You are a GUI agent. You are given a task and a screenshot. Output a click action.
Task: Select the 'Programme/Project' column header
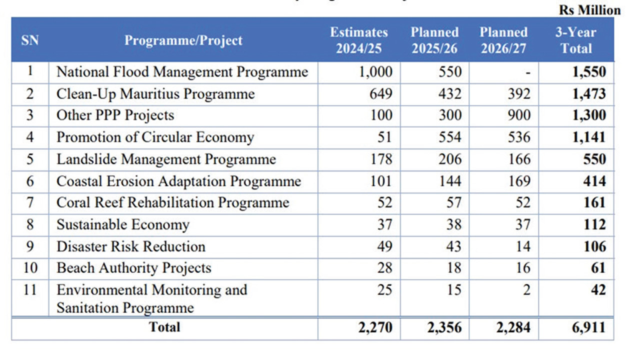tap(183, 40)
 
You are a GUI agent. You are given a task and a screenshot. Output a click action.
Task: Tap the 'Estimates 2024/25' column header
tap(359, 40)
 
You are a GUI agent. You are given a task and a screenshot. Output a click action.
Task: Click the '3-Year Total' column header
tap(576, 40)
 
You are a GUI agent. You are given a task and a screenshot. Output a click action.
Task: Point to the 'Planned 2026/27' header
tap(503, 40)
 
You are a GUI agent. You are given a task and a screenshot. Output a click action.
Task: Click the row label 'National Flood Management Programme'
tap(182, 72)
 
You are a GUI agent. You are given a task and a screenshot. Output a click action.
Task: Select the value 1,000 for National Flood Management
tap(375, 72)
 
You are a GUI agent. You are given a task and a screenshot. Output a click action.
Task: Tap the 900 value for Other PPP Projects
tap(519, 115)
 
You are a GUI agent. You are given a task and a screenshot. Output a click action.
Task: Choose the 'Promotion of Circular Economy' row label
tap(155, 137)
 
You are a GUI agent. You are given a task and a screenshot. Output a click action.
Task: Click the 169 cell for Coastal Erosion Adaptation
tap(519, 181)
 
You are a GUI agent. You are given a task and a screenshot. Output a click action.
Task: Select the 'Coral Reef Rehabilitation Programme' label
tap(172, 203)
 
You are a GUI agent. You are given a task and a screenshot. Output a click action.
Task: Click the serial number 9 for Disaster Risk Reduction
tap(30, 246)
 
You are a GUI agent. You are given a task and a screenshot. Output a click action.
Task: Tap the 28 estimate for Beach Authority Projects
tap(384, 268)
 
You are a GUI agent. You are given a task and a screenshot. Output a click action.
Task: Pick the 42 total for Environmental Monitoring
tap(597, 290)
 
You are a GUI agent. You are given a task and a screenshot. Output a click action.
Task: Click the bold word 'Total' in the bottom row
tap(164, 327)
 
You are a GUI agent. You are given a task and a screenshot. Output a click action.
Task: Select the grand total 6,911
tap(588, 328)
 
